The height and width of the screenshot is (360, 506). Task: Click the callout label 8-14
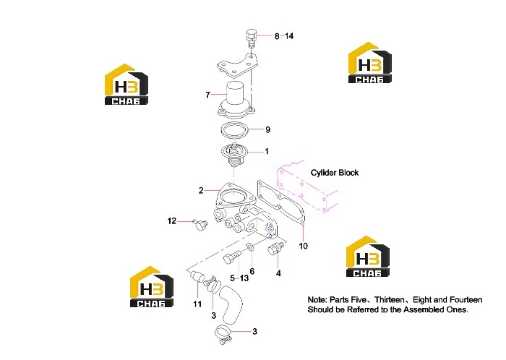pyautogui.click(x=284, y=36)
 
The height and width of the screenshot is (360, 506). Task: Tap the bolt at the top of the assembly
pyautogui.click(x=251, y=38)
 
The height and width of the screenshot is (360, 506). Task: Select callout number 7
pyautogui.click(x=207, y=95)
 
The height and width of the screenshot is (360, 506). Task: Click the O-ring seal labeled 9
pyautogui.click(x=235, y=130)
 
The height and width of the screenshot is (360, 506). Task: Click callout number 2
pyautogui.click(x=201, y=191)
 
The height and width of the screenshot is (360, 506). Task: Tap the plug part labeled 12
pyautogui.click(x=200, y=224)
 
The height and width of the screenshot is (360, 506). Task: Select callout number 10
pyautogui.click(x=304, y=246)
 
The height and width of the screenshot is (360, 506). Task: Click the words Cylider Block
pyautogui.click(x=335, y=173)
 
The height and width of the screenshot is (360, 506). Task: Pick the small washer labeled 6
pyautogui.click(x=250, y=247)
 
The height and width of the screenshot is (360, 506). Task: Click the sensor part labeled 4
pyautogui.click(x=275, y=249)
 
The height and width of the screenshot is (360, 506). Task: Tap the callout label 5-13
pyautogui.click(x=239, y=278)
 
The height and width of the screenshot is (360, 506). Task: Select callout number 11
pyautogui.click(x=197, y=304)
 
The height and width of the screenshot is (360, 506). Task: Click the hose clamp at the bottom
pyautogui.click(x=223, y=333)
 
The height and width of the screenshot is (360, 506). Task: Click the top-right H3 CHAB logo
pyautogui.click(x=370, y=63)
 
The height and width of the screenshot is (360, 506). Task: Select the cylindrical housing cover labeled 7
pyautogui.click(x=236, y=99)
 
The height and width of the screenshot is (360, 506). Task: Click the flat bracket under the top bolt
pyautogui.click(x=238, y=65)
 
